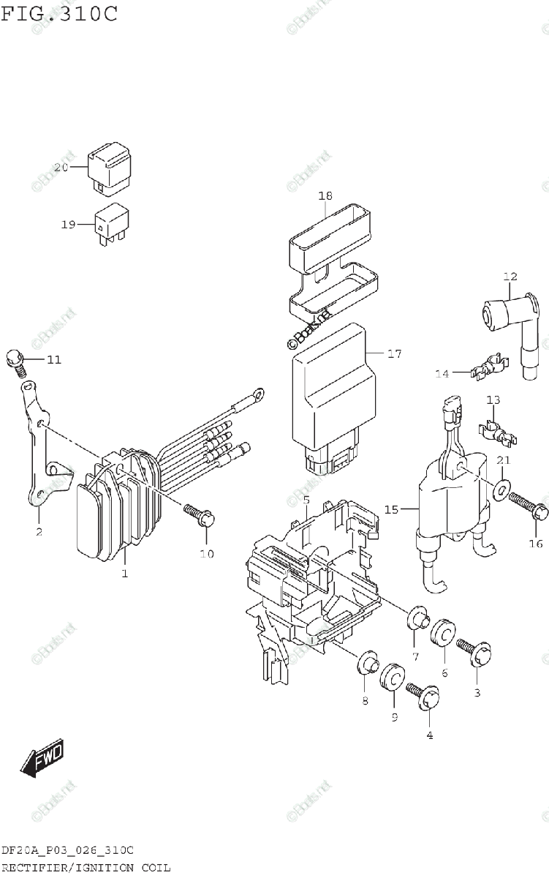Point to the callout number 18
(x=325, y=195)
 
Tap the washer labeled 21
(x=501, y=489)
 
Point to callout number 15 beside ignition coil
(x=392, y=509)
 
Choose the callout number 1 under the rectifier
(x=124, y=574)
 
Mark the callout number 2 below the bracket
(x=39, y=532)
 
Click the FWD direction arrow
(x=42, y=758)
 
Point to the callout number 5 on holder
(x=306, y=500)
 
